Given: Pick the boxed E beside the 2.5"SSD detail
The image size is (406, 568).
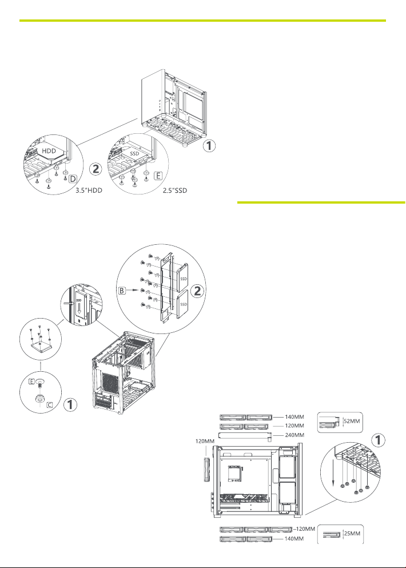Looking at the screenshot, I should [158, 176].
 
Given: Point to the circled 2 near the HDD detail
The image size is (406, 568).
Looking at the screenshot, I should [97, 170].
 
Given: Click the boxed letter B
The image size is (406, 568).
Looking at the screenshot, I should [122, 291].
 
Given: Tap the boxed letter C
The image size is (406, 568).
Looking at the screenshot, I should [50, 404].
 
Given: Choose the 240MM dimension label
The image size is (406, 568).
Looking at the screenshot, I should [296, 435].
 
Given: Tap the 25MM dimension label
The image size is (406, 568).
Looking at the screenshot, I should [352, 535].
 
